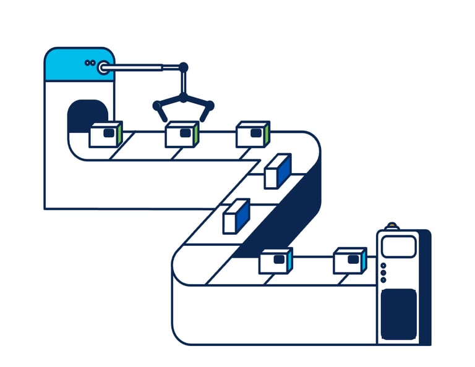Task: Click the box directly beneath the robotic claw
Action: [x=181, y=135]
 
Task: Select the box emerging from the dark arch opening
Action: [x=105, y=134]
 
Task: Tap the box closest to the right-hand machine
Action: [x=349, y=260]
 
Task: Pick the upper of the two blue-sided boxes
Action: [x=277, y=171]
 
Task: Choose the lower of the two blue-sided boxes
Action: [x=236, y=216]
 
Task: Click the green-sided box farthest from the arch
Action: [x=253, y=134]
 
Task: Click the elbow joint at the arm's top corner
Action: [x=182, y=66]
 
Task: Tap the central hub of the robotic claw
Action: [x=183, y=98]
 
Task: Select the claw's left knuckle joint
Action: [x=157, y=105]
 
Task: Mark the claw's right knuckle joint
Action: [x=210, y=105]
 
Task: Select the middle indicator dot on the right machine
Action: [x=383, y=272]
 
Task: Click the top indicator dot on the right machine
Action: [x=383, y=266]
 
